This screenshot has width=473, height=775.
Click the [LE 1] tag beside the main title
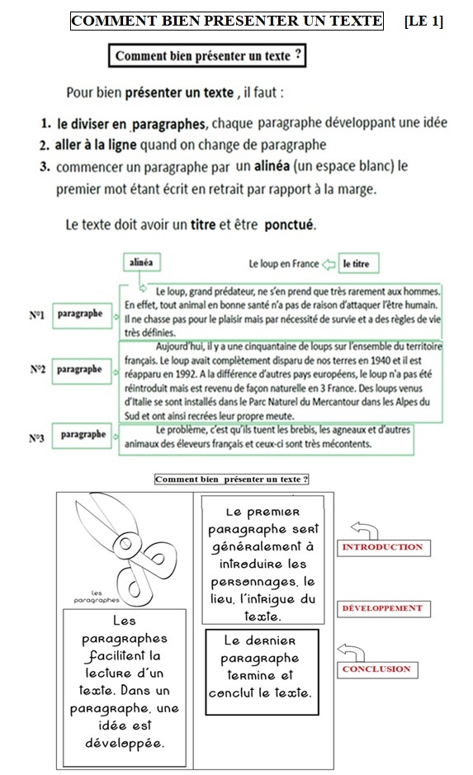pyautogui.click(x=423, y=21)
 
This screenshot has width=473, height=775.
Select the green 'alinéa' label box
pyautogui.click(x=141, y=262)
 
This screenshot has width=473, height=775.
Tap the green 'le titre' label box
pyautogui.click(x=358, y=263)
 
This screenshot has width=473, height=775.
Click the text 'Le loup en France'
pyautogui.click(x=284, y=264)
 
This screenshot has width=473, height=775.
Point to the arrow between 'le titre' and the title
pyautogui.click(x=329, y=264)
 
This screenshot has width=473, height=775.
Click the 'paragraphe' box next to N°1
pyautogui.click(x=82, y=314)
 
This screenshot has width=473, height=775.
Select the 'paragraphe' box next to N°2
pyautogui.click(x=81, y=371)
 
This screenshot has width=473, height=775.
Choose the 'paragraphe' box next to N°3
pyautogui.click(x=82, y=436)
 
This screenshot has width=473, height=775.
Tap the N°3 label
pyautogui.click(x=36, y=438)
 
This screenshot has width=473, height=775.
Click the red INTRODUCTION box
pyautogui.click(x=384, y=548)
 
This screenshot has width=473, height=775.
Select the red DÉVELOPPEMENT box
pyautogui.click(x=384, y=608)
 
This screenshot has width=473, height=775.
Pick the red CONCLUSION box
pyautogui.click(x=377, y=669)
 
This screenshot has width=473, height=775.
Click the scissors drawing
pyautogui.click(x=127, y=549)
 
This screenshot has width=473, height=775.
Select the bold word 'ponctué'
pyautogui.click(x=289, y=225)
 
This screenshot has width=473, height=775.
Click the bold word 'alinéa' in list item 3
pyautogui.click(x=272, y=166)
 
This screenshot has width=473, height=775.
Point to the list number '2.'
pyautogui.click(x=45, y=145)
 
